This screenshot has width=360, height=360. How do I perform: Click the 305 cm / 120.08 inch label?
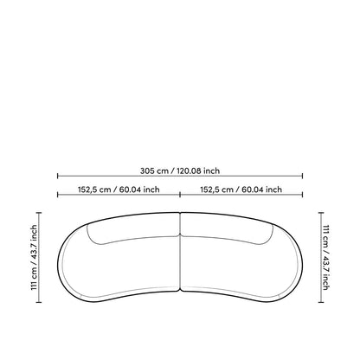point(180,170)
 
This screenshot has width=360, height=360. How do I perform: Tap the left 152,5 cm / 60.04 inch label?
point(119,190)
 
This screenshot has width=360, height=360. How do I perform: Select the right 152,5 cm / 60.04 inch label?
point(241,190)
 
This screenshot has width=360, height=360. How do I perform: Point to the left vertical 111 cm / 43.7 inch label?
point(34,258)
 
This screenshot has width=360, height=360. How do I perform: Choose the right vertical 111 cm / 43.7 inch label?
point(326,258)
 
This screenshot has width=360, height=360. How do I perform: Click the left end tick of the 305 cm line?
point(58,176)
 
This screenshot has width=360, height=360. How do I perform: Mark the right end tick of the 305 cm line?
point(302,176)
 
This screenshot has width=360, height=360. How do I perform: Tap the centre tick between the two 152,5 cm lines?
point(180,195)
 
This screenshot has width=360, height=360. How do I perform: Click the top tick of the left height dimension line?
point(39,213)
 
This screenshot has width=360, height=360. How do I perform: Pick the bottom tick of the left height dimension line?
point(39,302)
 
